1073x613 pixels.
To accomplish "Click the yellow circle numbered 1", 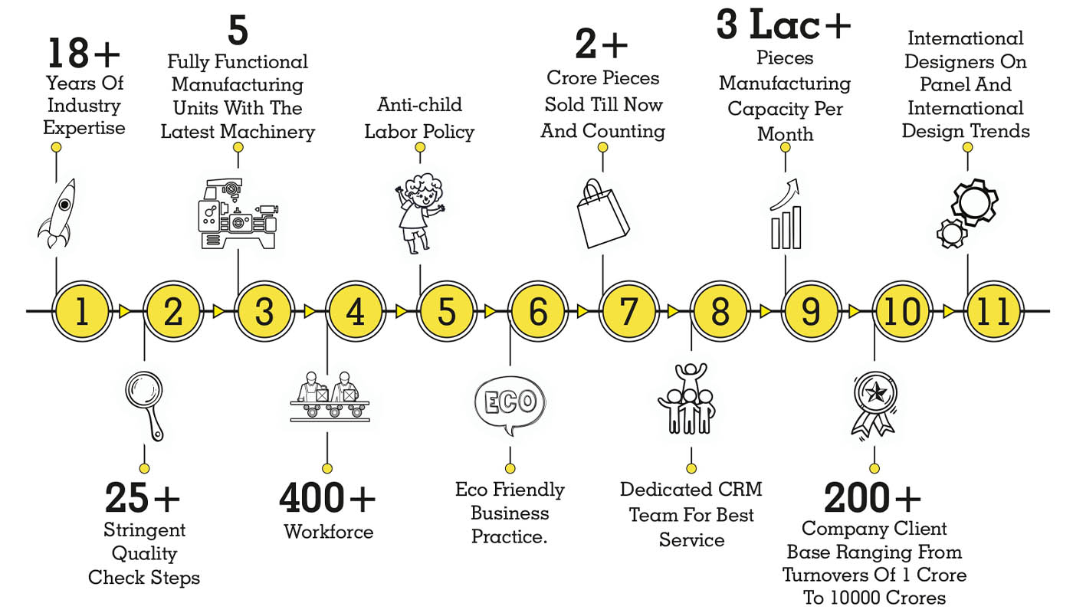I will click(x=82, y=312).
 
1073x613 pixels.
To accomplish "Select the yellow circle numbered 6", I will click(x=538, y=312).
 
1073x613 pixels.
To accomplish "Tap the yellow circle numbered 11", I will click(x=993, y=312).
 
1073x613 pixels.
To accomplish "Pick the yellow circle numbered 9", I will click(x=811, y=312).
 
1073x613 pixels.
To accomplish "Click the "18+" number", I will click(x=84, y=54).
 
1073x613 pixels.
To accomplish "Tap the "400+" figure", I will click(x=327, y=499).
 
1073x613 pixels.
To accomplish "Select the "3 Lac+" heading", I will click(x=783, y=25).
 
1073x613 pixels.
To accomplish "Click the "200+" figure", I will click(x=872, y=499).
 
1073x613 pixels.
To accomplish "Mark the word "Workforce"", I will click(x=328, y=531).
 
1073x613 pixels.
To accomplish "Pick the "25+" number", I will click(x=143, y=499).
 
